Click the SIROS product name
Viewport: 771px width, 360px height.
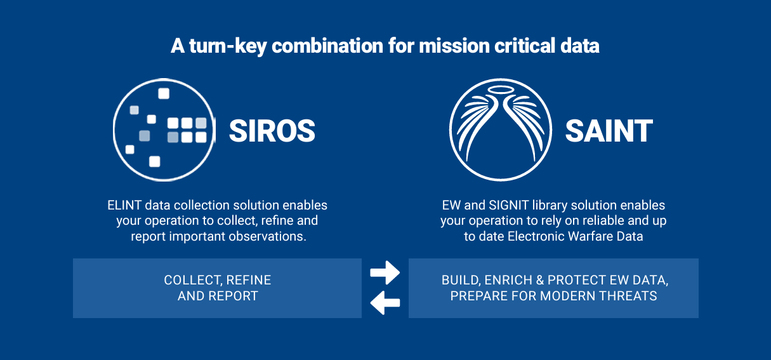point(272,131)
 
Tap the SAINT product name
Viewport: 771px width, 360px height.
point(609,131)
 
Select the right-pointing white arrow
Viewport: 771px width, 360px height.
point(385,272)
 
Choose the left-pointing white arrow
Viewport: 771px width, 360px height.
point(385,302)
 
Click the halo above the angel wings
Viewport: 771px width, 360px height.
point(501,90)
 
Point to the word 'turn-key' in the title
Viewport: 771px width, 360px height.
point(228,46)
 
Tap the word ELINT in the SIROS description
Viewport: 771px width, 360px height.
point(124,205)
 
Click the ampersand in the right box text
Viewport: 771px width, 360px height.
point(540,280)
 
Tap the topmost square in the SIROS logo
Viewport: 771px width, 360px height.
point(164,93)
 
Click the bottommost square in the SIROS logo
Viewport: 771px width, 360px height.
point(155,161)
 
